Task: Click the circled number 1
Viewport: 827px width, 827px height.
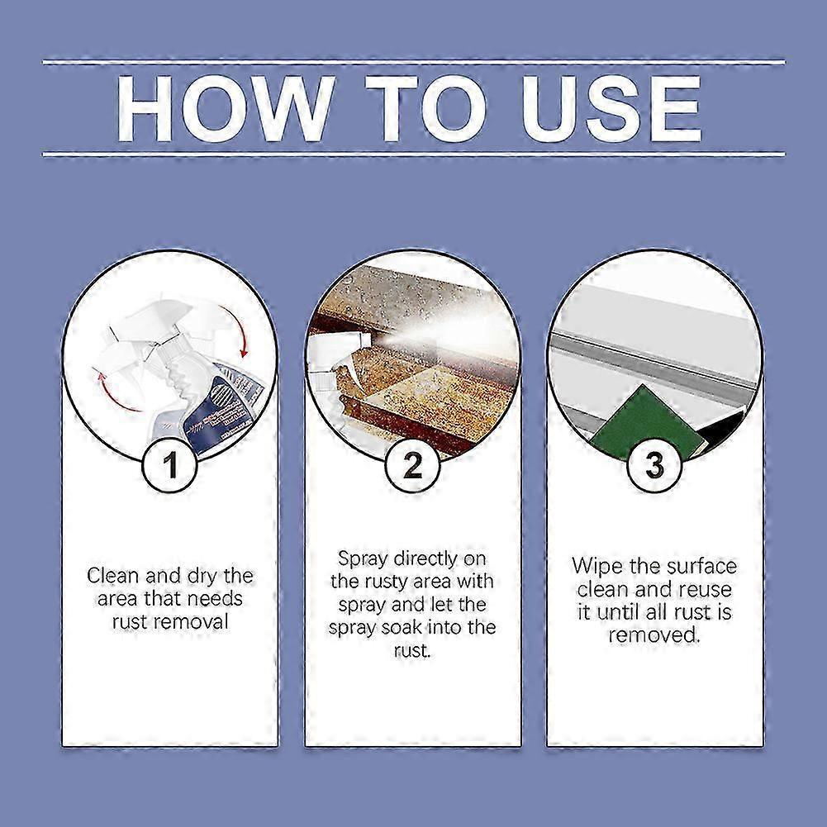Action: pos(170,467)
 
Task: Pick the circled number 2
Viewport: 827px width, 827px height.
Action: pos(412,467)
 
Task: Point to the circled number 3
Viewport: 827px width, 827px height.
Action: pos(654,467)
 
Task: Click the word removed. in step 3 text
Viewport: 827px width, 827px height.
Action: pos(654,635)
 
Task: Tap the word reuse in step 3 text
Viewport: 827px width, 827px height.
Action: pos(706,590)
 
